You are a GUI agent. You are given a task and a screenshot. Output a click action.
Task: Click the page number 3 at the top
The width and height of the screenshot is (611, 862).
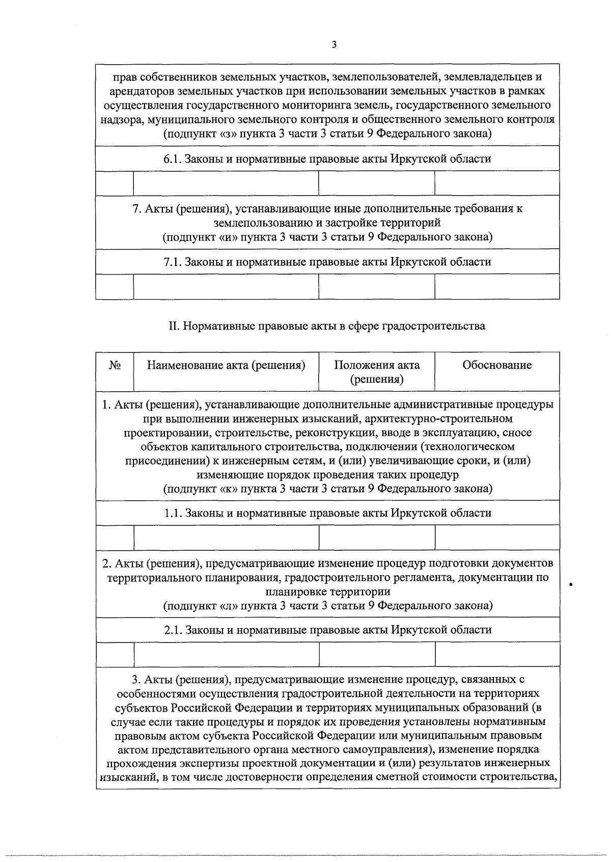tap(334, 45)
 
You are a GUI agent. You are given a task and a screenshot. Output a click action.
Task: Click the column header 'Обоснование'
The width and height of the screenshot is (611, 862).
tap(497, 365)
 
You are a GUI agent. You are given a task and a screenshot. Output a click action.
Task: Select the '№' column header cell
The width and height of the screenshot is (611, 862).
tap(115, 365)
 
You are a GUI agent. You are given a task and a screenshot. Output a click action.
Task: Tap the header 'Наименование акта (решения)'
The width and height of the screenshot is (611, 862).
tap(226, 365)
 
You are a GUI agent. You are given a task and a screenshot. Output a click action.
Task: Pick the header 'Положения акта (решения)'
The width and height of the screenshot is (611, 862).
tap(377, 372)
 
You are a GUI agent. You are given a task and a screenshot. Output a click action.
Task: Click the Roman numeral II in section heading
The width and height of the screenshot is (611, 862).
tap(173, 326)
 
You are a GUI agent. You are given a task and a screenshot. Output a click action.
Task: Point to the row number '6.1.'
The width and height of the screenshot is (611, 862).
tap(173, 159)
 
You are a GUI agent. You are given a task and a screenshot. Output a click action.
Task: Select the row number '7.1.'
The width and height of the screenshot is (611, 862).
tap(173, 262)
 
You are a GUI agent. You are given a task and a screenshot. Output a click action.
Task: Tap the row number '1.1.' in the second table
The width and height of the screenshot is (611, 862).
tap(173, 513)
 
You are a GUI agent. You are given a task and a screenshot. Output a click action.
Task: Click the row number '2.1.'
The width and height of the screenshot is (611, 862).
tap(173, 630)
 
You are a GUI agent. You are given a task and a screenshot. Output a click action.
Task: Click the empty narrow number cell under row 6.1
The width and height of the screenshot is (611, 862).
tap(115, 183)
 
